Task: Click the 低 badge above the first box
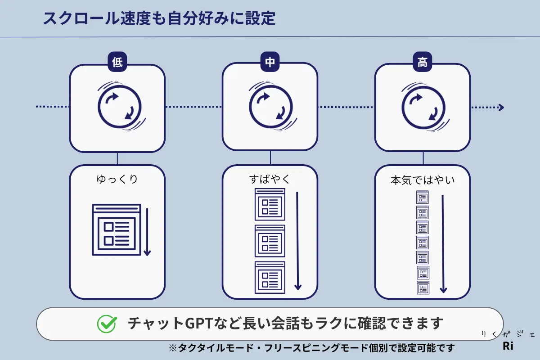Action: click(117, 62)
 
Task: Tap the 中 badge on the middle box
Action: click(270, 62)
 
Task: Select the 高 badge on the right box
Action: click(422, 62)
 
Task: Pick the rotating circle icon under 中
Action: click(270, 107)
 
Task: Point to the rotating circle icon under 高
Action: click(422, 107)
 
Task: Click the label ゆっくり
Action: click(117, 179)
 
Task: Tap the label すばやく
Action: click(270, 179)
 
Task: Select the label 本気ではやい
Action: click(423, 181)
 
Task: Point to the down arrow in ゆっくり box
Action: click(147, 231)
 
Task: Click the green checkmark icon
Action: click(107, 324)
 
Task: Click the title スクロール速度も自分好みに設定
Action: click(158, 18)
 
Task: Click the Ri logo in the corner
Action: click(508, 346)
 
